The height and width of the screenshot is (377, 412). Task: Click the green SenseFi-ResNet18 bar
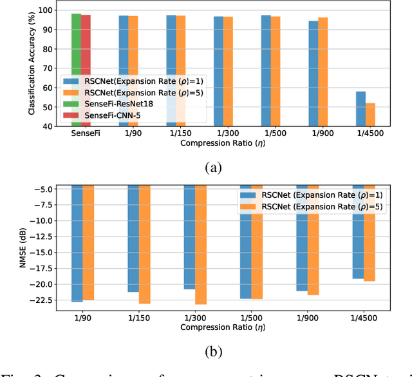point(76,45)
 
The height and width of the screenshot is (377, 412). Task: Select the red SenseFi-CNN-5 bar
point(86,45)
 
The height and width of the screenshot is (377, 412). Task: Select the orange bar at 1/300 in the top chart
point(228,71)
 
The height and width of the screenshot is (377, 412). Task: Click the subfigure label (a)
point(213,168)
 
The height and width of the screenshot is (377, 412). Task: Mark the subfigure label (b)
point(213,351)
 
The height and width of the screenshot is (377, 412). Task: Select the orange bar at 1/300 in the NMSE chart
point(201,245)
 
